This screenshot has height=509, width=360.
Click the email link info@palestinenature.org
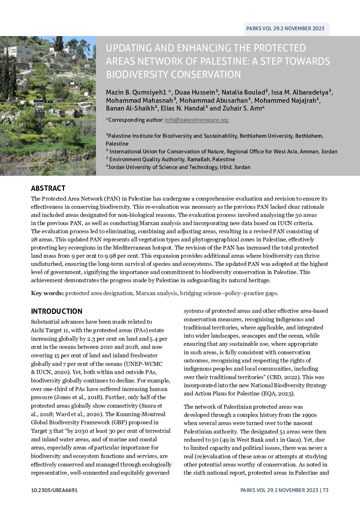pyautogui.click(x=196, y=120)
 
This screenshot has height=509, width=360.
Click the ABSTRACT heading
pyautogui.click(x=48, y=188)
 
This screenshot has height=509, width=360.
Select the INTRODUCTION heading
pyautogui.click(x=56, y=311)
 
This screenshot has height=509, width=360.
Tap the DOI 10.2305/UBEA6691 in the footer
pyautogui.click(x=54, y=490)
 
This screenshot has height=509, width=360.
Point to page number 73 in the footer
pyautogui.click(x=326, y=490)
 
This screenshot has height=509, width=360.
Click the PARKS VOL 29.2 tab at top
pyautogui.click(x=285, y=29)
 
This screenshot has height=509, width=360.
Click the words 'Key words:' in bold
pyautogui.click(x=47, y=293)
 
